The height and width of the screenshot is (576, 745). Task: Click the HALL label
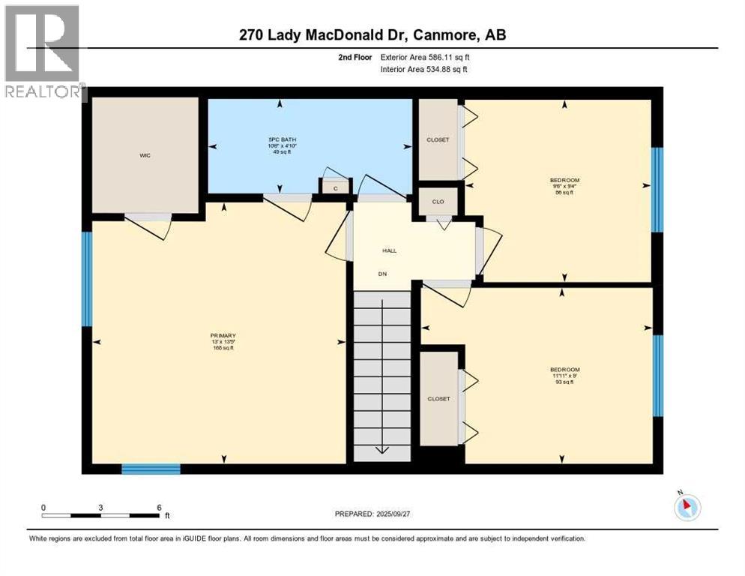click(x=390, y=250)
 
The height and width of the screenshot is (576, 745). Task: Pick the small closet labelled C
click(x=336, y=188)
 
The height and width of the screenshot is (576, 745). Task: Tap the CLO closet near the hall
click(x=438, y=201)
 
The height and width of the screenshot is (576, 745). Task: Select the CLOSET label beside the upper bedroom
click(x=438, y=139)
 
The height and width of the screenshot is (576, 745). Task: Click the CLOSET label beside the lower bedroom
click(x=439, y=398)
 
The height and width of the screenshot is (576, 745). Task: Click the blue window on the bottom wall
click(x=151, y=469)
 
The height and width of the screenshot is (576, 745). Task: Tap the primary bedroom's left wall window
click(x=87, y=279)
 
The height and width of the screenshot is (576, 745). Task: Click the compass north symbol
click(x=686, y=508)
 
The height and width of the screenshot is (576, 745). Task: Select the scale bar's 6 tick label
click(x=159, y=507)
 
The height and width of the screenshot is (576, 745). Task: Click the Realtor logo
click(x=43, y=52)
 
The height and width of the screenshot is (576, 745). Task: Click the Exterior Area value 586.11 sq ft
click(x=440, y=56)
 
